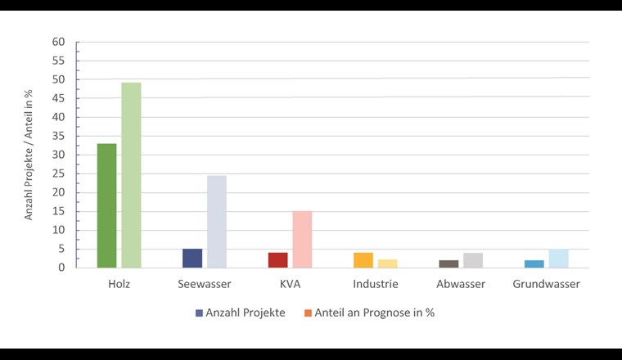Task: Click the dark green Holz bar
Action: click(x=106, y=205)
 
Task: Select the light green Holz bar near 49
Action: click(x=131, y=175)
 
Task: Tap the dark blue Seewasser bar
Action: click(x=192, y=258)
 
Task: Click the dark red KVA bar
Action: click(x=278, y=259)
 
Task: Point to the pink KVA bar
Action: click(x=302, y=239)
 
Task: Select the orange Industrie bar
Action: click(x=363, y=259)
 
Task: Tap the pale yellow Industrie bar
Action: click(x=388, y=263)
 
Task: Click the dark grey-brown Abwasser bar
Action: click(x=448, y=263)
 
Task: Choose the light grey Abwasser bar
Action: click(x=473, y=260)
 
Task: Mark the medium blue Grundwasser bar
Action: click(x=534, y=263)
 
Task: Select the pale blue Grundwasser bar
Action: click(x=558, y=258)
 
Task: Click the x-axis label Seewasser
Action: click(x=205, y=284)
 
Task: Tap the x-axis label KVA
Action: click(x=290, y=284)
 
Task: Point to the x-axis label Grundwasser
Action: click(x=546, y=284)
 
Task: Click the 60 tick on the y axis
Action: click(x=58, y=43)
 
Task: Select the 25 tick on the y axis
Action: click(x=58, y=173)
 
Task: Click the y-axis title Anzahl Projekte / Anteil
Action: click(x=29, y=155)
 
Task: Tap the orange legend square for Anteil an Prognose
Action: click(x=308, y=313)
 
